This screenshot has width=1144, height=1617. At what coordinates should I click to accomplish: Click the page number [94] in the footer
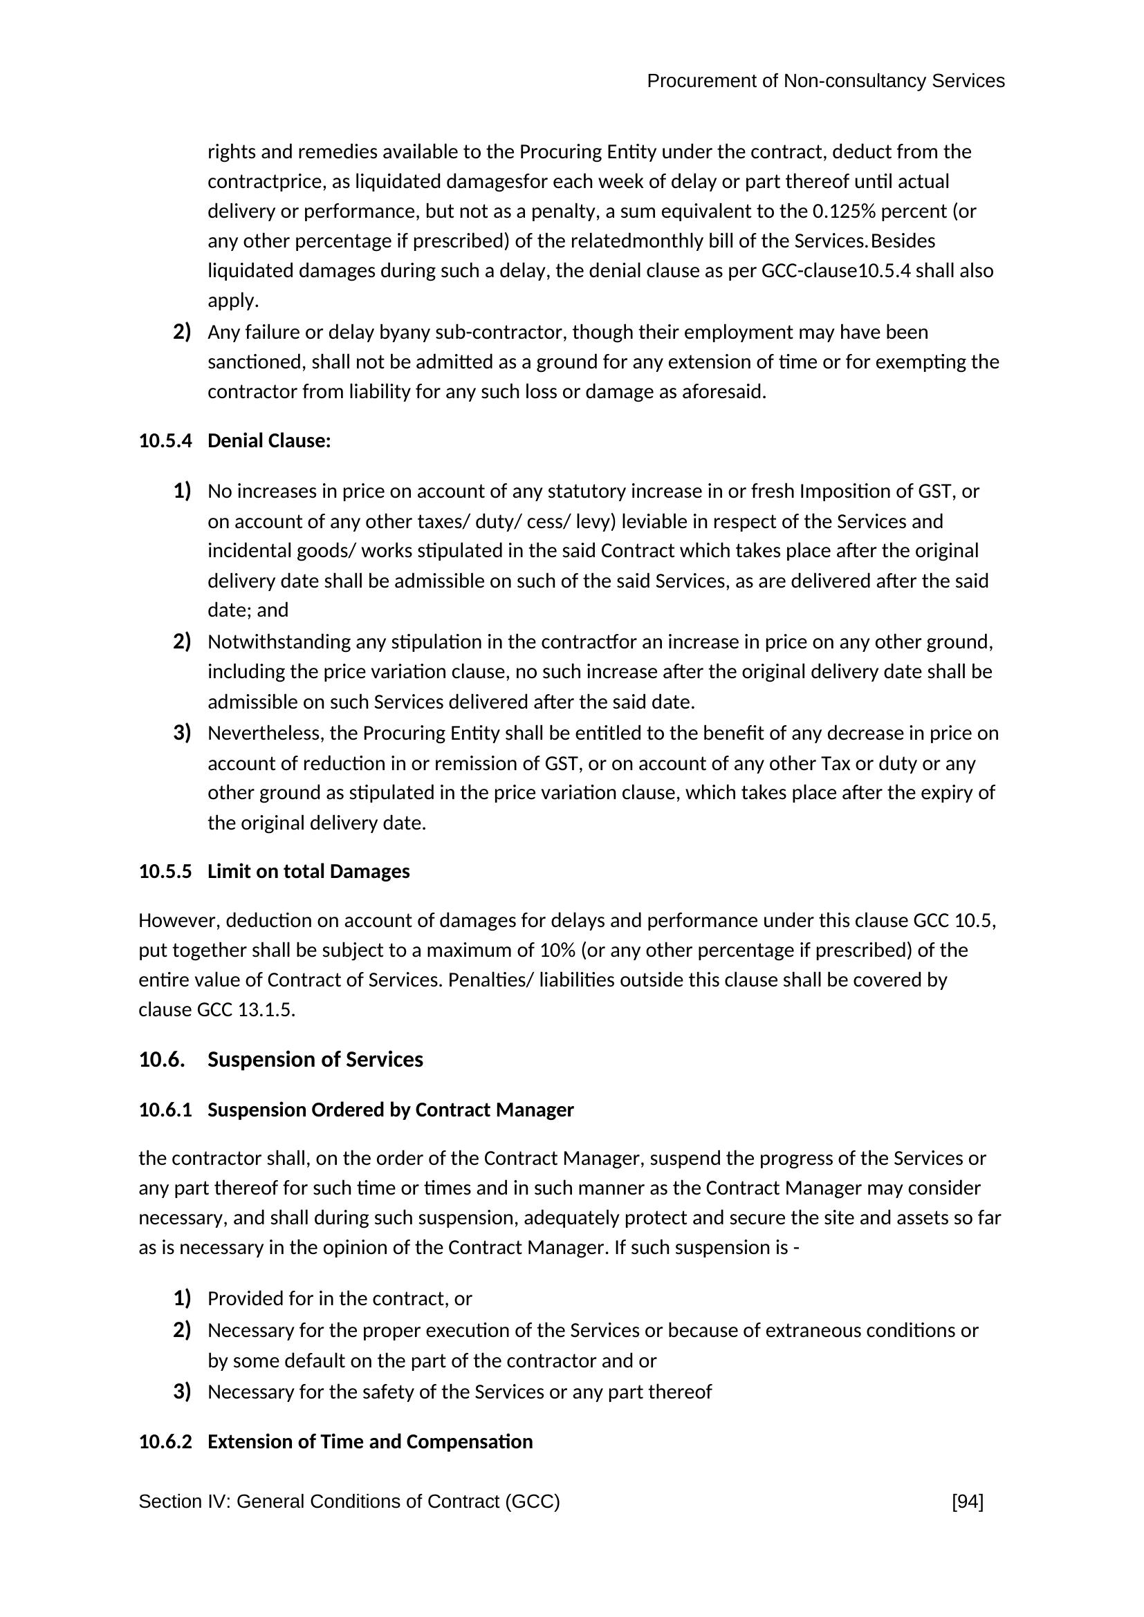(967, 1502)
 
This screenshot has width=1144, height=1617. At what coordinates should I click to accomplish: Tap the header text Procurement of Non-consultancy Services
(826, 82)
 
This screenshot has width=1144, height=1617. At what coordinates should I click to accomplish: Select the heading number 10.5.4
(165, 442)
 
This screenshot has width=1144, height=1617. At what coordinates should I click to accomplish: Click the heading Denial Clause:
(269, 442)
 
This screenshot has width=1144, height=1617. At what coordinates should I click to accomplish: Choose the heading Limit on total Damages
(308, 872)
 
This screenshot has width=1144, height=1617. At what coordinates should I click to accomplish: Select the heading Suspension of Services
(315, 1060)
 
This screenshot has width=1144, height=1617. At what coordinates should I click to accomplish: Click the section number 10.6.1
(165, 1110)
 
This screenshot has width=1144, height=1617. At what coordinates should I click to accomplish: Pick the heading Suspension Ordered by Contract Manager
(390, 1110)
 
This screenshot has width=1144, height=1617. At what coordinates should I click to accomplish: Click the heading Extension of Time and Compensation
(370, 1441)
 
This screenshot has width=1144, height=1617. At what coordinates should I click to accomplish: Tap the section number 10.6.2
(165, 1441)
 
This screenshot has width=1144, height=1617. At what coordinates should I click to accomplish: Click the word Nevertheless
(266, 734)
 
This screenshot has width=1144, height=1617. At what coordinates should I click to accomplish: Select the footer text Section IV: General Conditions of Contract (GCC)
(349, 1502)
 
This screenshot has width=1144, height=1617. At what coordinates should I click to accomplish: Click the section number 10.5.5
(165, 872)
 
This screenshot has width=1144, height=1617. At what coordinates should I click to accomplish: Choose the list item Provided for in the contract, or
(340, 1299)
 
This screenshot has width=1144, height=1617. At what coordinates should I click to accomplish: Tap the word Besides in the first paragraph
(903, 241)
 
